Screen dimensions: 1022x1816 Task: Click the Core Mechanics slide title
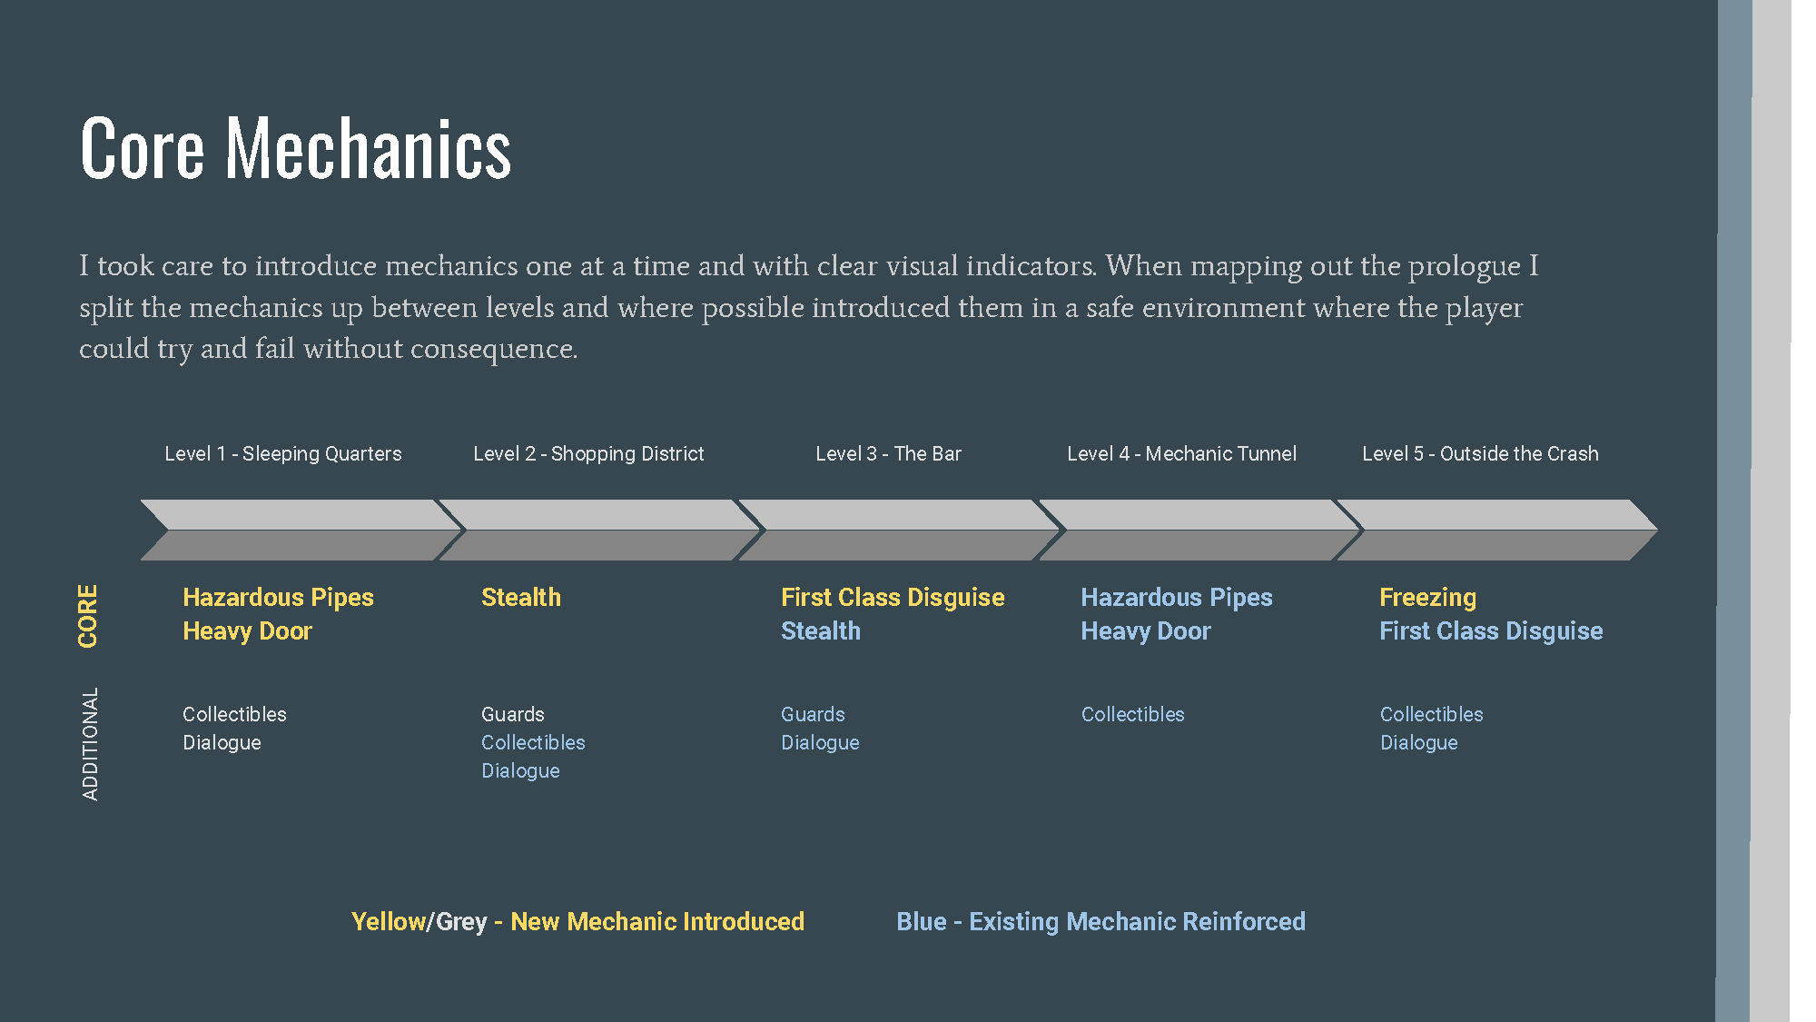coord(296,148)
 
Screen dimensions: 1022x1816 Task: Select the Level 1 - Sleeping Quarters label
coord(282,453)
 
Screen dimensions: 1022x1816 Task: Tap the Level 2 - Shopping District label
coord(588,453)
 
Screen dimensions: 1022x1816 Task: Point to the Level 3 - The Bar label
coord(888,453)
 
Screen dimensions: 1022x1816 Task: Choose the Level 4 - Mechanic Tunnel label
coord(1181,453)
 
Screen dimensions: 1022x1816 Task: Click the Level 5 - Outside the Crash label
coord(1480,453)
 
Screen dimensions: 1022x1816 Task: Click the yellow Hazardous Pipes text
coord(278,597)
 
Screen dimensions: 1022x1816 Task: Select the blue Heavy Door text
coord(1145,630)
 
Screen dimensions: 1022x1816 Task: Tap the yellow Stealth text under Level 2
coord(520,597)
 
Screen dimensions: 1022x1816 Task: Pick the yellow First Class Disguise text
coord(893,597)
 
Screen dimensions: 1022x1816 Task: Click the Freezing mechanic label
coord(1427,597)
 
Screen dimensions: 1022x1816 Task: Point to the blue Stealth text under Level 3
coord(820,630)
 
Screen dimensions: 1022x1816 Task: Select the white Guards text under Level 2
coord(512,714)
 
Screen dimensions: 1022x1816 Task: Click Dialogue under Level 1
coord(222,742)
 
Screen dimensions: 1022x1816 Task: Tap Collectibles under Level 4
coord(1132,714)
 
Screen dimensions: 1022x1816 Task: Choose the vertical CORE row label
coord(88,616)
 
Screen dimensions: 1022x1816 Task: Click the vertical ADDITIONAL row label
coord(90,744)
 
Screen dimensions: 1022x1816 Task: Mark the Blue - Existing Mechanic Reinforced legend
coord(1100,921)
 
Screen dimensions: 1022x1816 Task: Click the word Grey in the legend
coord(461,921)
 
